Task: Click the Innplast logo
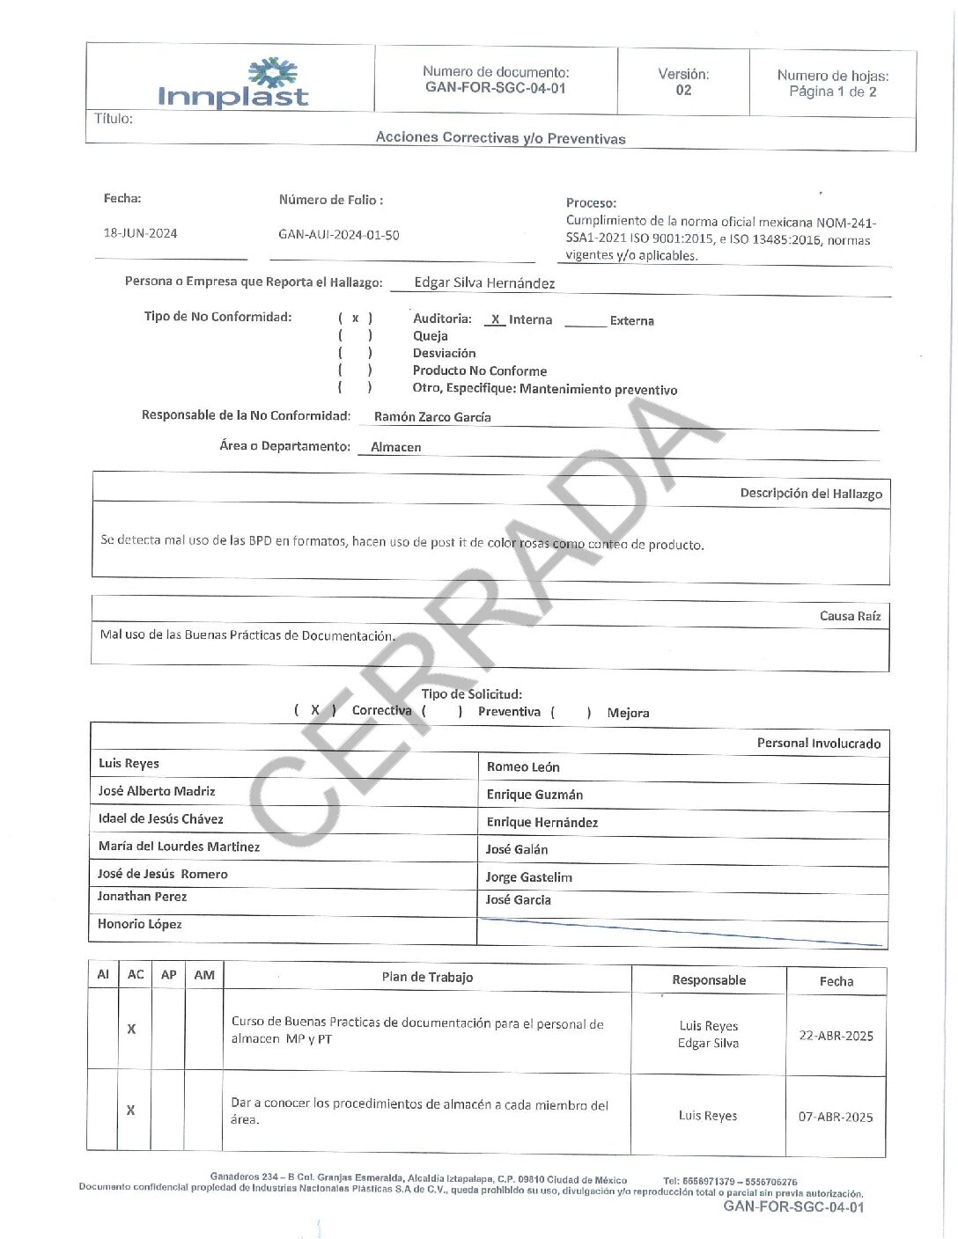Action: click(233, 84)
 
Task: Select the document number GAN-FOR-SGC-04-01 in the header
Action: click(495, 88)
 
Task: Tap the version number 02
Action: click(683, 90)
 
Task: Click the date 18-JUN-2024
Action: click(141, 233)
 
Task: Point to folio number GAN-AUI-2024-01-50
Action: click(339, 235)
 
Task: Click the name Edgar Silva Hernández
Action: click(484, 283)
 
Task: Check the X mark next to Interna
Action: click(496, 320)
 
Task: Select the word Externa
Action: click(632, 321)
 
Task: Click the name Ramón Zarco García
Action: click(432, 417)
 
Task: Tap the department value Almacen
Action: click(396, 447)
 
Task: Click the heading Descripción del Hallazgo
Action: click(811, 494)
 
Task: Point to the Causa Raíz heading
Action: click(850, 616)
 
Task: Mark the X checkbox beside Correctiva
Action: click(315, 709)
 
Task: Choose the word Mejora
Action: click(628, 713)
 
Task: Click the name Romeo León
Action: click(523, 767)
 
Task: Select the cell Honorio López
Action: click(140, 924)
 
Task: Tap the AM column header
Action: click(204, 975)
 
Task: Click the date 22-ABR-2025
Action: click(836, 1036)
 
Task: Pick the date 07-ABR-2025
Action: click(836, 1117)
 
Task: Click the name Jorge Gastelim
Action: click(528, 877)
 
